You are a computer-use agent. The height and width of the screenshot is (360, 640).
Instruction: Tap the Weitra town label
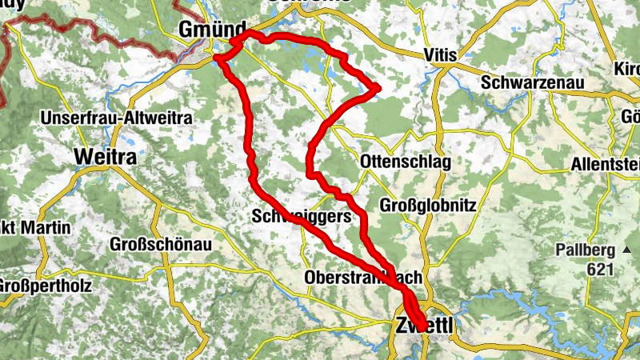[105, 157]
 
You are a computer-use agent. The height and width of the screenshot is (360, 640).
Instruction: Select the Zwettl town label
[424, 326]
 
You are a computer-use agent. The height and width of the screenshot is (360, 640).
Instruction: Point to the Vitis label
[439, 55]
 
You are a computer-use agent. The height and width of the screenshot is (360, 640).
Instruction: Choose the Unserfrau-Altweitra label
[117, 118]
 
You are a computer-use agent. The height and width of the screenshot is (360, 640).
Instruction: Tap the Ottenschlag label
[406, 162]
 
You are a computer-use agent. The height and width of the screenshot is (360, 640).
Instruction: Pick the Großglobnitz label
[429, 206]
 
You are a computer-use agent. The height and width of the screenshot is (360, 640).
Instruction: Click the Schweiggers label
[301, 216]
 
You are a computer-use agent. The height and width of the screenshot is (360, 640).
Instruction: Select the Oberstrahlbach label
[363, 278]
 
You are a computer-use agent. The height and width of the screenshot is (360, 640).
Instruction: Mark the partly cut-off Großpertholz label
[45, 286]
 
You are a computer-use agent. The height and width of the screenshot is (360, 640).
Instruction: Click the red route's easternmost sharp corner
[378, 87]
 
